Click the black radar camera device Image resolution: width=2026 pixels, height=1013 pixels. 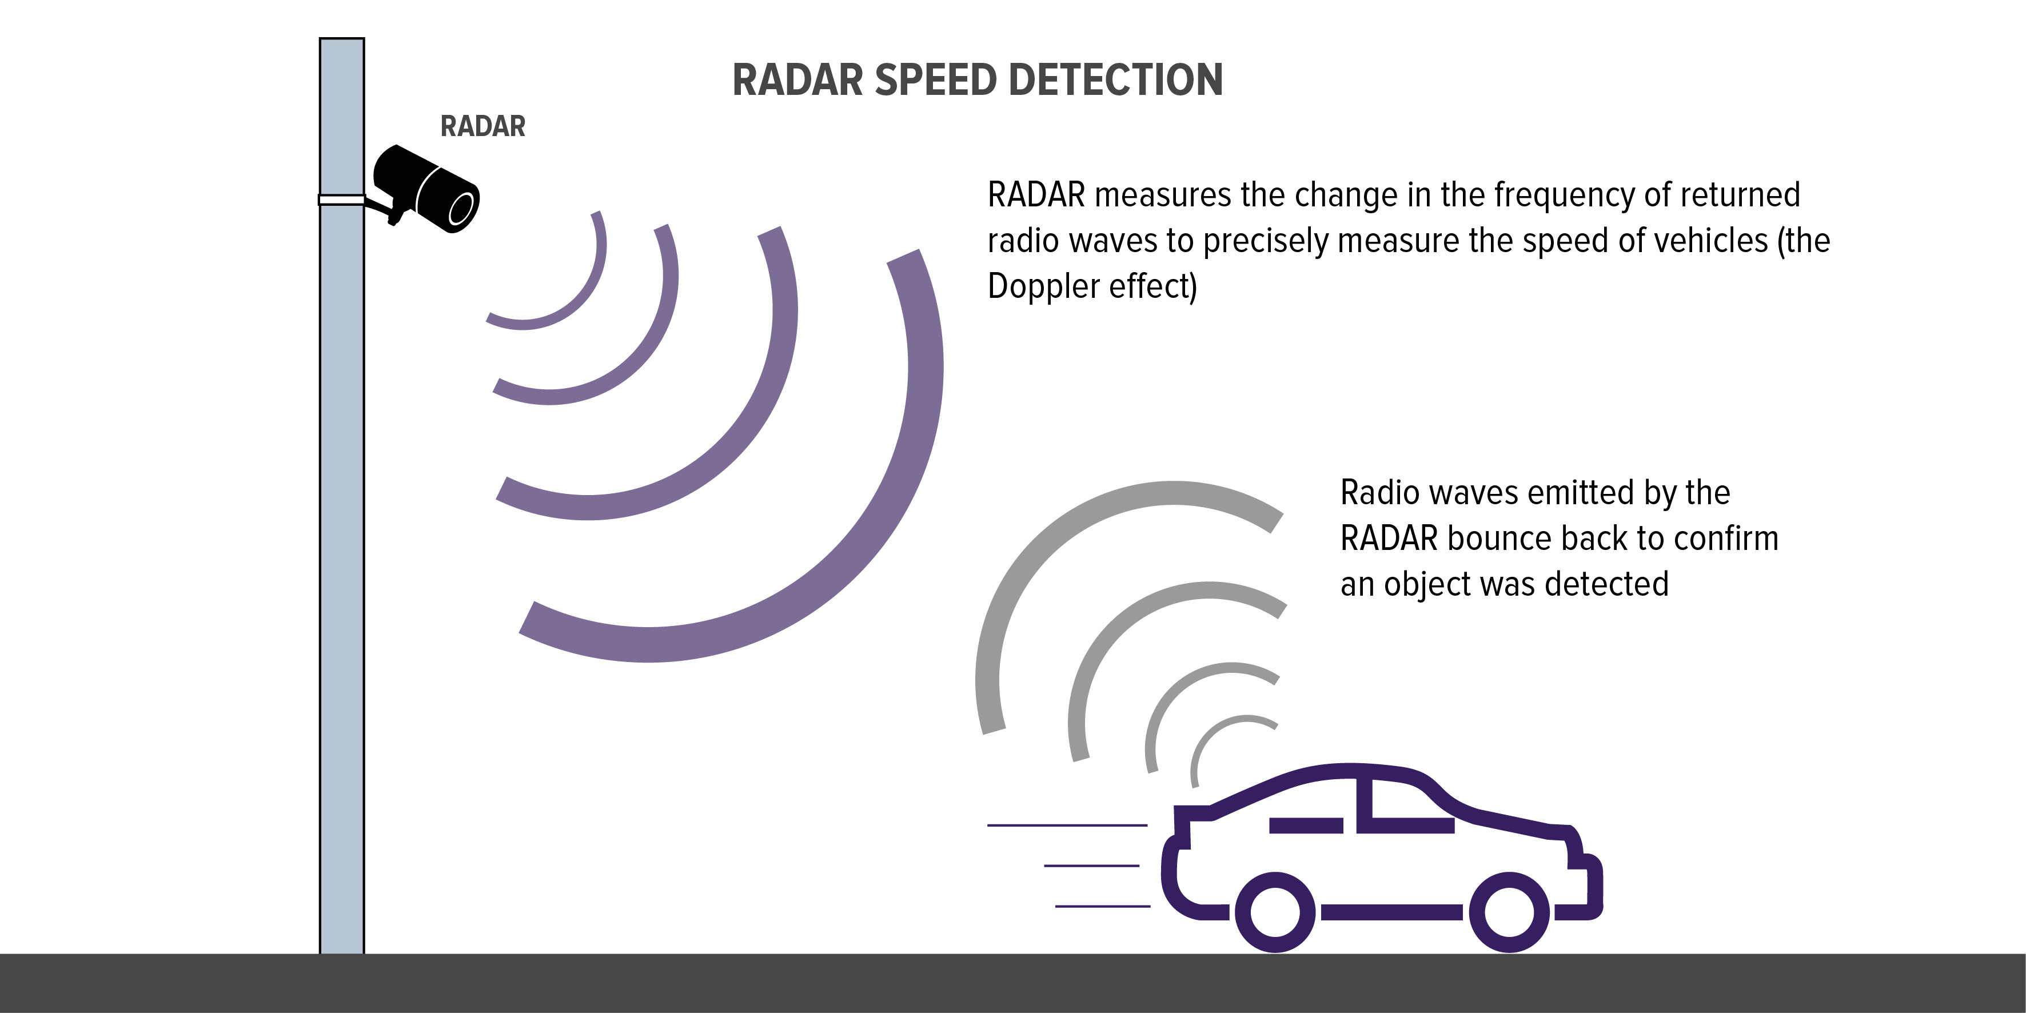(x=425, y=189)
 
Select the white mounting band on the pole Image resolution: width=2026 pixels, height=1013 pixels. (x=341, y=200)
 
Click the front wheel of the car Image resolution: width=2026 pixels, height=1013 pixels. (x=1510, y=912)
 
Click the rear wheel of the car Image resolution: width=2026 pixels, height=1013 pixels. (x=1275, y=912)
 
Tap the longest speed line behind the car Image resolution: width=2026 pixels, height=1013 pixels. (x=1067, y=825)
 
